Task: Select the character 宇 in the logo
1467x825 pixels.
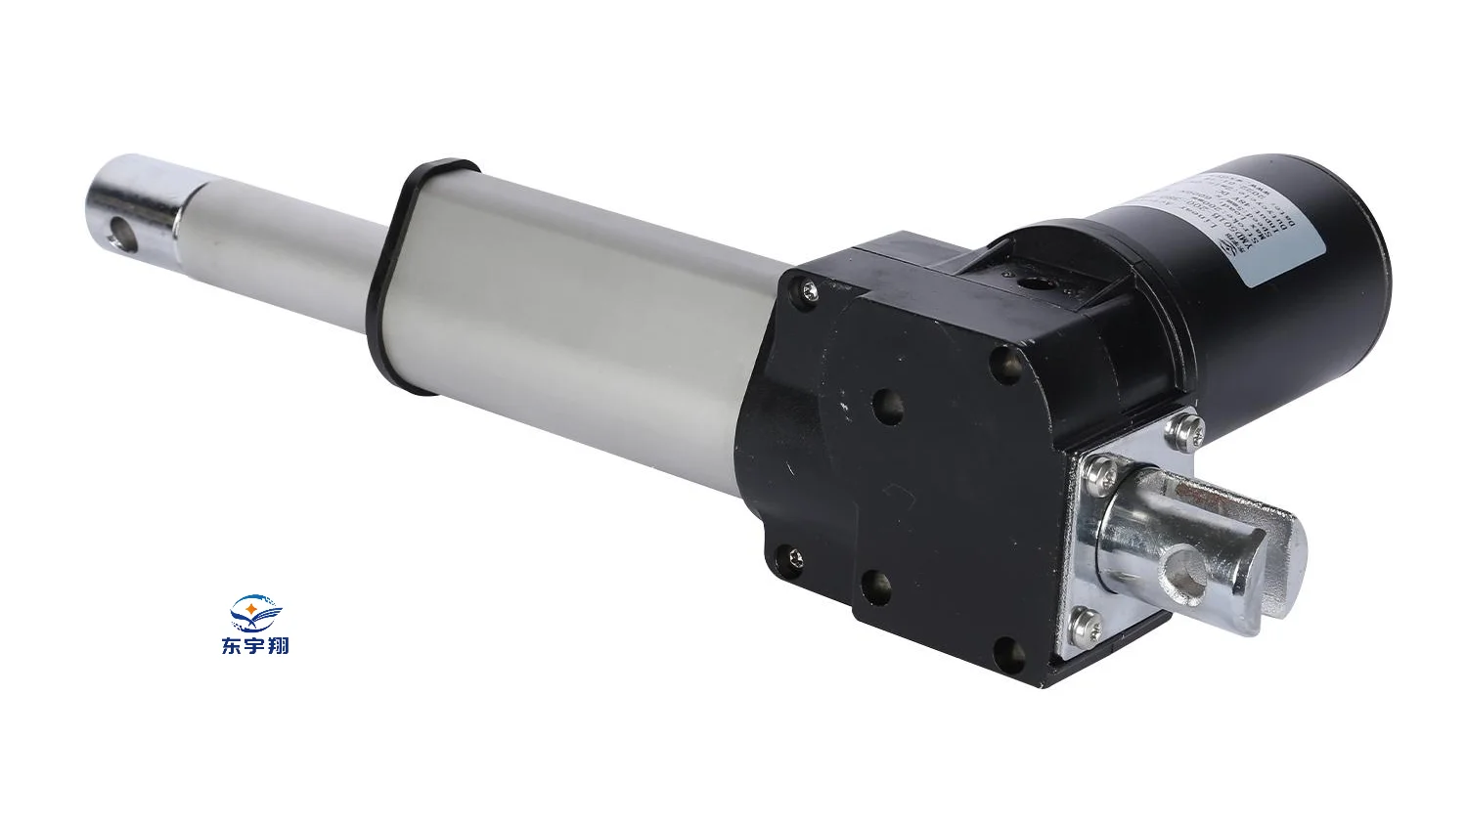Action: [x=254, y=646]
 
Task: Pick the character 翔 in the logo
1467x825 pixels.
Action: [x=278, y=646]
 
